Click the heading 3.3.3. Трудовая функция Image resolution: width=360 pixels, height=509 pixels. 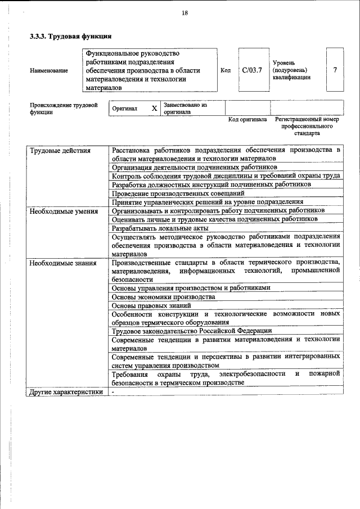point(70,37)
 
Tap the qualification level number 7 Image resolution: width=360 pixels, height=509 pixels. point(335,70)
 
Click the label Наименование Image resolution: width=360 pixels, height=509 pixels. point(49,71)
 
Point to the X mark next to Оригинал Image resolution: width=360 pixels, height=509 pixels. point(154,108)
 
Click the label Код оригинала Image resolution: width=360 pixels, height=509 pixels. point(247,120)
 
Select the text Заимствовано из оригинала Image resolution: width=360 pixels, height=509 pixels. point(185,108)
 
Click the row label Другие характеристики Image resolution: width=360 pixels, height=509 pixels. point(67,391)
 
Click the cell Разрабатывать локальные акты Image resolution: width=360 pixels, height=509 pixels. point(160,228)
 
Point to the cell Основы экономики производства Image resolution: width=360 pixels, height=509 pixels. point(164,296)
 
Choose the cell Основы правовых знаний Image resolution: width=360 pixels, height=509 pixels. point(155,305)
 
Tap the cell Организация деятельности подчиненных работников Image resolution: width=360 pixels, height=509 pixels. point(194,167)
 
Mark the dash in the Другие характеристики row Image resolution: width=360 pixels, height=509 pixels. point(113,391)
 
